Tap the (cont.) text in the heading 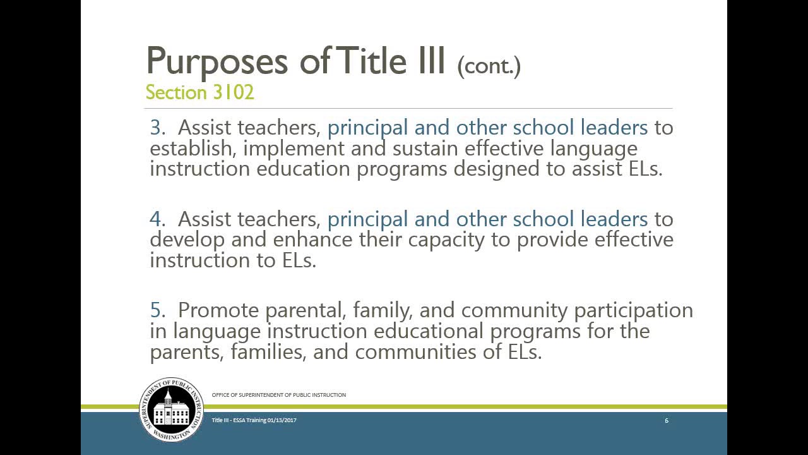click(489, 64)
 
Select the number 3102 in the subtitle click(234, 92)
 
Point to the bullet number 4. click(156, 219)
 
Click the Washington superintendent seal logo click(171, 409)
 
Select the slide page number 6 click(667, 420)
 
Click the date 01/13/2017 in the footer click(282, 420)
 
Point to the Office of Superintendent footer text click(278, 395)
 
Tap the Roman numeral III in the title click(429, 61)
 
